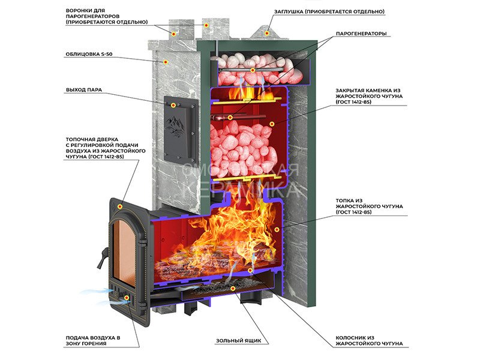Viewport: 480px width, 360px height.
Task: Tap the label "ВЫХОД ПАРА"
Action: [x=84, y=90]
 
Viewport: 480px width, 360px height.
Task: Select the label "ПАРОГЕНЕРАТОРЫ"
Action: [x=361, y=34]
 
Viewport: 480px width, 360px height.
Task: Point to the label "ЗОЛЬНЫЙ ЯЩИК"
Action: [x=239, y=341]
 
